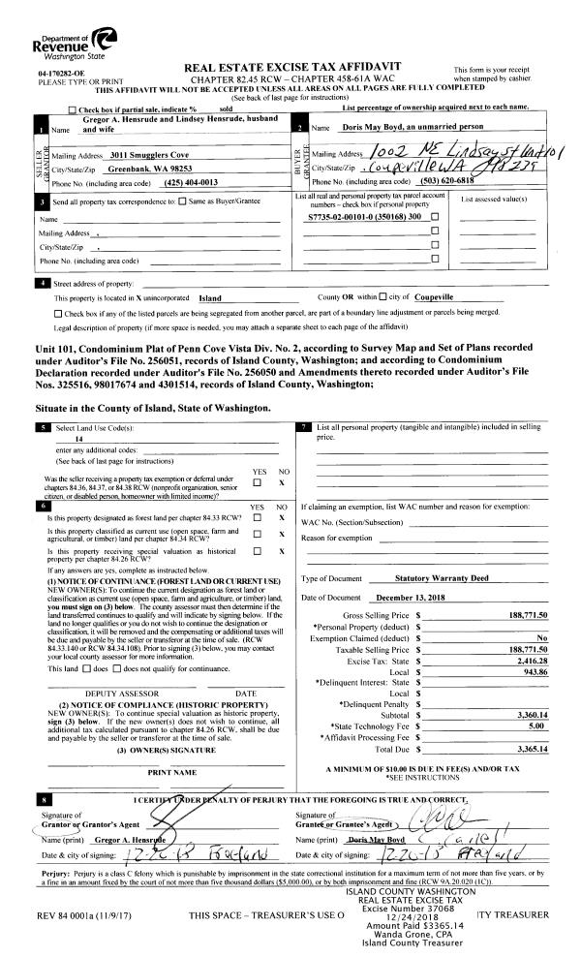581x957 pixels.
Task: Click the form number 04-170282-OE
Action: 61,74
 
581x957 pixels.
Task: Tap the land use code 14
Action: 91,439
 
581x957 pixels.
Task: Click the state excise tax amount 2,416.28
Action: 529,660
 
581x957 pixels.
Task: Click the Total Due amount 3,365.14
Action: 529,749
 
